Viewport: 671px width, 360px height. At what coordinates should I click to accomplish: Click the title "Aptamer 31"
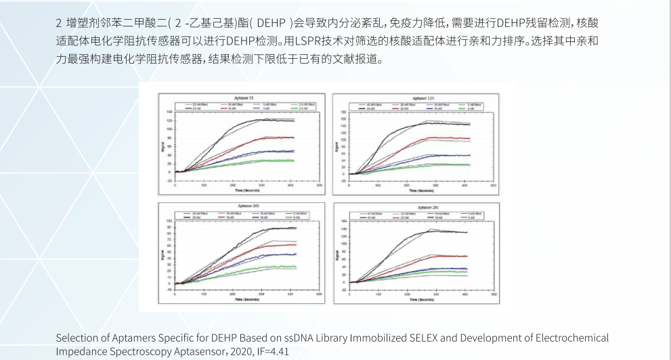242,99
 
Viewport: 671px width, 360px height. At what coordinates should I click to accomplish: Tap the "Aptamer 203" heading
242,206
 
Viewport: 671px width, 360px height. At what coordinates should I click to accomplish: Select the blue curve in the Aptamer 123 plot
420,156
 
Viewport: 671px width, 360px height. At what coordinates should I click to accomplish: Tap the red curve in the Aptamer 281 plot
420,257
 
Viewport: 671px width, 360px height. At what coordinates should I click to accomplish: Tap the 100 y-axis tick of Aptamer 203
169,222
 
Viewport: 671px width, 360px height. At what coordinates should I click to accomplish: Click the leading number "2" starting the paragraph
59,22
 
